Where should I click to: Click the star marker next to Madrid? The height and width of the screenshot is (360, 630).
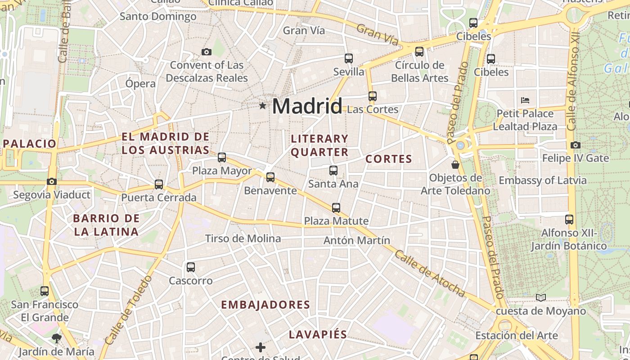263,106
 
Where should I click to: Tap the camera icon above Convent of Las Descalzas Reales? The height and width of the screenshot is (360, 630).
207,52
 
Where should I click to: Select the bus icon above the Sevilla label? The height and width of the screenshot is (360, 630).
349,58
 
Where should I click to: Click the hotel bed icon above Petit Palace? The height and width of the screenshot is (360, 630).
525,100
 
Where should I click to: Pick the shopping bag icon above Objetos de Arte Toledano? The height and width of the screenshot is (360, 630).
455,164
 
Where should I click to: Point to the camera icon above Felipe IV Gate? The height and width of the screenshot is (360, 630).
576,145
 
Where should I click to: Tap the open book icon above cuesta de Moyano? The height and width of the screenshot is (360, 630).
541,297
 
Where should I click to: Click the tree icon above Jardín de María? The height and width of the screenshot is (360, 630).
56,338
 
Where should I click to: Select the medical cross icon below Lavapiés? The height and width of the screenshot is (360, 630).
261,347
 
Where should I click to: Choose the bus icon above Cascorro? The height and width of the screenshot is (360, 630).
191,267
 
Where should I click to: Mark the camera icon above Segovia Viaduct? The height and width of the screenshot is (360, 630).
52,182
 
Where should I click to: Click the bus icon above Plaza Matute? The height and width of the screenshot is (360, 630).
336,208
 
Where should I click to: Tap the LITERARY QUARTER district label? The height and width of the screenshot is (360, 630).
319,145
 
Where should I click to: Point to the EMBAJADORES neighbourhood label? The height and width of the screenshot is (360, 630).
265,305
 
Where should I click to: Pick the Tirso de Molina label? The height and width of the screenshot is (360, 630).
243,238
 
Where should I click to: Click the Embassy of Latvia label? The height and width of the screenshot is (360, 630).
543,180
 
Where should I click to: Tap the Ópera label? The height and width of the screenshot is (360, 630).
140,84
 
